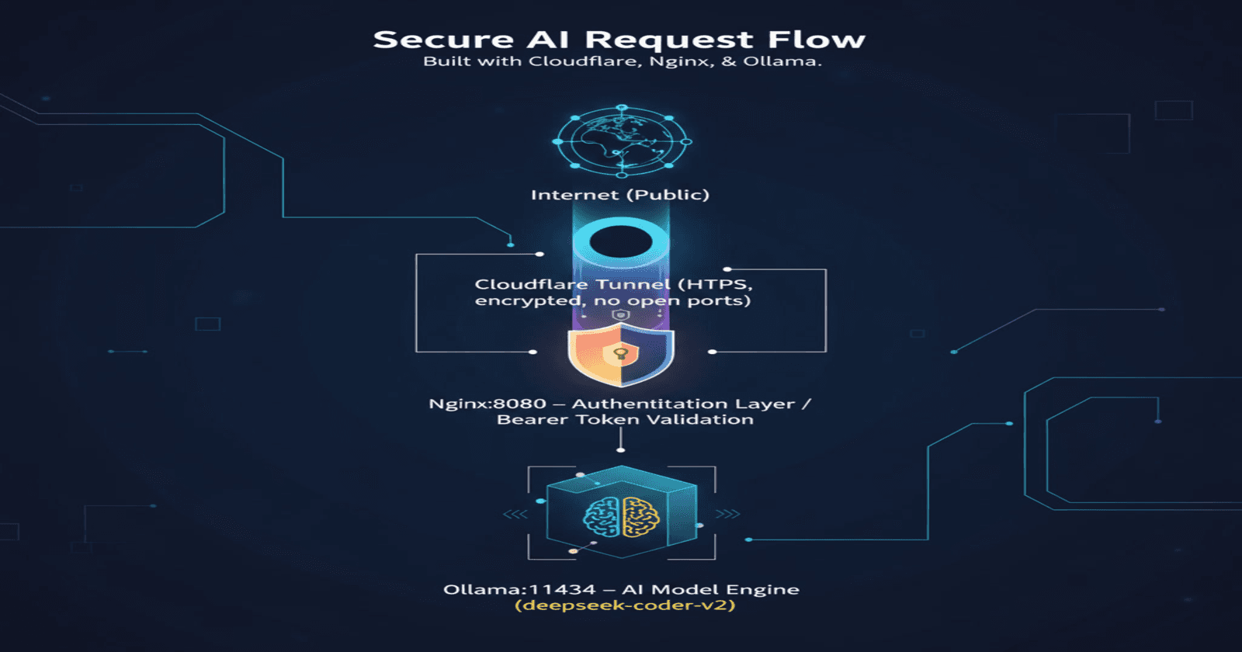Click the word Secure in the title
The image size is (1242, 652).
pos(443,40)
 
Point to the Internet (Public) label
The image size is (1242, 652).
pos(619,195)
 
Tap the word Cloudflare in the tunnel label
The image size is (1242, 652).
pos(531,285)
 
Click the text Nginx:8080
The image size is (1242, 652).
pos(487,404)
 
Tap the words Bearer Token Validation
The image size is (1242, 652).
pos(625,420)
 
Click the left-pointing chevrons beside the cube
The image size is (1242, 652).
pos(515,514)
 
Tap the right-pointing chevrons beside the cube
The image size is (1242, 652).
pos(727,514)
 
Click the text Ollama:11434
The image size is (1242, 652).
pos(519,590)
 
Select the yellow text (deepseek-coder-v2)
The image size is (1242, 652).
pos(625,605)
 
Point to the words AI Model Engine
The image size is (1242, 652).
pos(710,590)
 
